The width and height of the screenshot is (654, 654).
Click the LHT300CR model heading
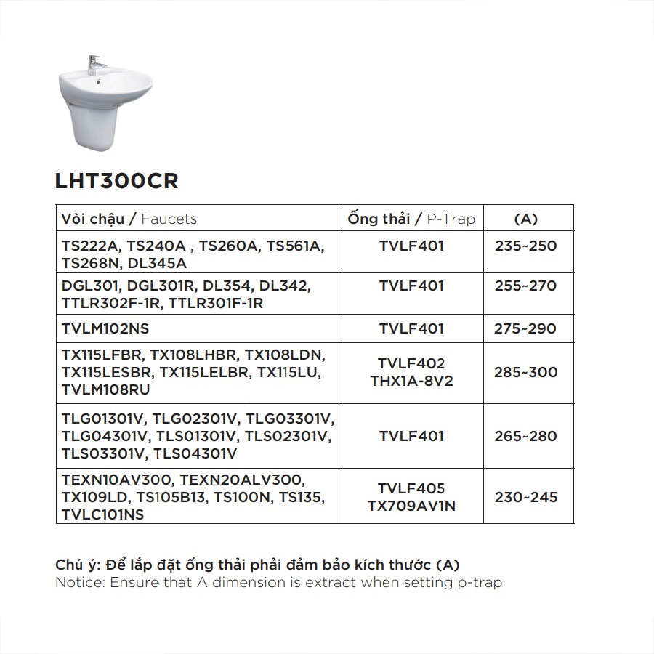[116, 181]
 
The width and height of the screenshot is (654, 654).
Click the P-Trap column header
[411, 219]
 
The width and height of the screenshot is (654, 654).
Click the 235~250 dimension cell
[525, 246]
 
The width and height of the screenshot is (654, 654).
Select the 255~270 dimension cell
[525, 286]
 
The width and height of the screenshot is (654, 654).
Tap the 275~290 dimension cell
[525, 328]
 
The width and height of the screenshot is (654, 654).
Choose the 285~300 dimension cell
[525, 372]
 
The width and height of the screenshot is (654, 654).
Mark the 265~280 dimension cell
[525, 436]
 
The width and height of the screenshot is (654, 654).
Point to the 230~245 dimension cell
[525, 497]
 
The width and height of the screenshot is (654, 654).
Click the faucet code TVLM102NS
[105, 328]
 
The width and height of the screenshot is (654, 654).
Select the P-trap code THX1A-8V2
[411, 381]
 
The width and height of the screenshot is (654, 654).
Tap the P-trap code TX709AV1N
[411, 506]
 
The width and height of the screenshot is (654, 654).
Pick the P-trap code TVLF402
[411, 363]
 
